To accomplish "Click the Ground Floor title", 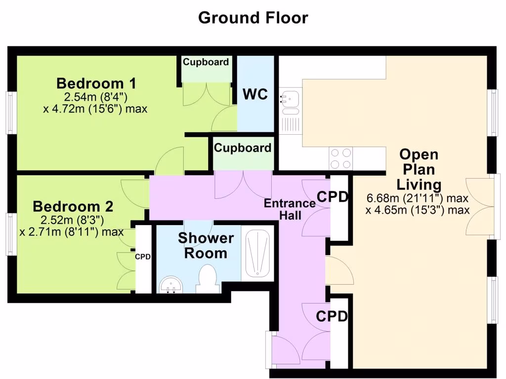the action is pyautogui.click(x=253, y=18).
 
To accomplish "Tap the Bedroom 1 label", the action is pyautogui.click(x=96, y=83).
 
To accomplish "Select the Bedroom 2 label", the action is pyautogui.click(x=73, y=207).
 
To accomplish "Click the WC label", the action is pyautogui.click(x=255, y=94).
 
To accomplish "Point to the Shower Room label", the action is pyautogui.click(x=206, y=246).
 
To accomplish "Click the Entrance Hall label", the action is pyautogui.click(x=290, y=209).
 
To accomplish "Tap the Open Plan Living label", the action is pyautogui.click(x=419, y=170).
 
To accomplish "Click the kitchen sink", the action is pyautogui.click(x=290, y=103).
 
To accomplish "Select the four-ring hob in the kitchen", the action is pyautogui.click(x=341, y=158).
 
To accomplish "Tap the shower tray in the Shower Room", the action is pyautogui.click(x=257, y=253).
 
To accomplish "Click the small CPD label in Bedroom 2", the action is pyautogui.click(x=143, y=257).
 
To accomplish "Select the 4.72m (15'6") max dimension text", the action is pyautogui.click(x=95, y=109).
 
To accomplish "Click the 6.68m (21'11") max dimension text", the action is pyautogui.click(x=417, y=198).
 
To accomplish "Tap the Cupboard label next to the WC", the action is pyautogui.click(x=206, y=62).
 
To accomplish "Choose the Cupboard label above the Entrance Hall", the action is pyautogui.click(x=242, y=148).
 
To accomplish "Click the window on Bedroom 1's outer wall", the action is pyautogui.click(x=11, y=113).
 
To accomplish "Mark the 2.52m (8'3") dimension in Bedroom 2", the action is pyautogui.click(x=72, y=221).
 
